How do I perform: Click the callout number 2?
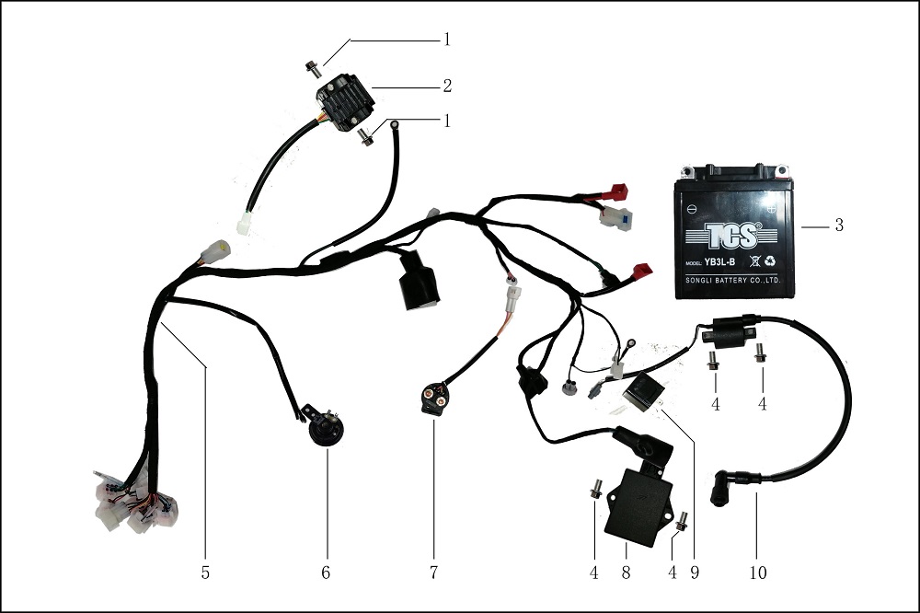[447, 87]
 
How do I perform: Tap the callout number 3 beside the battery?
[839, 225]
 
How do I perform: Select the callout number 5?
[205, 573]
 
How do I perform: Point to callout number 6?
[326, 573]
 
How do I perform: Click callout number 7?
[432, 573]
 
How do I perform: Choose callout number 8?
[626, 573]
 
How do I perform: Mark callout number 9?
[696, 573]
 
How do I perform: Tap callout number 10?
[758, 573]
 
